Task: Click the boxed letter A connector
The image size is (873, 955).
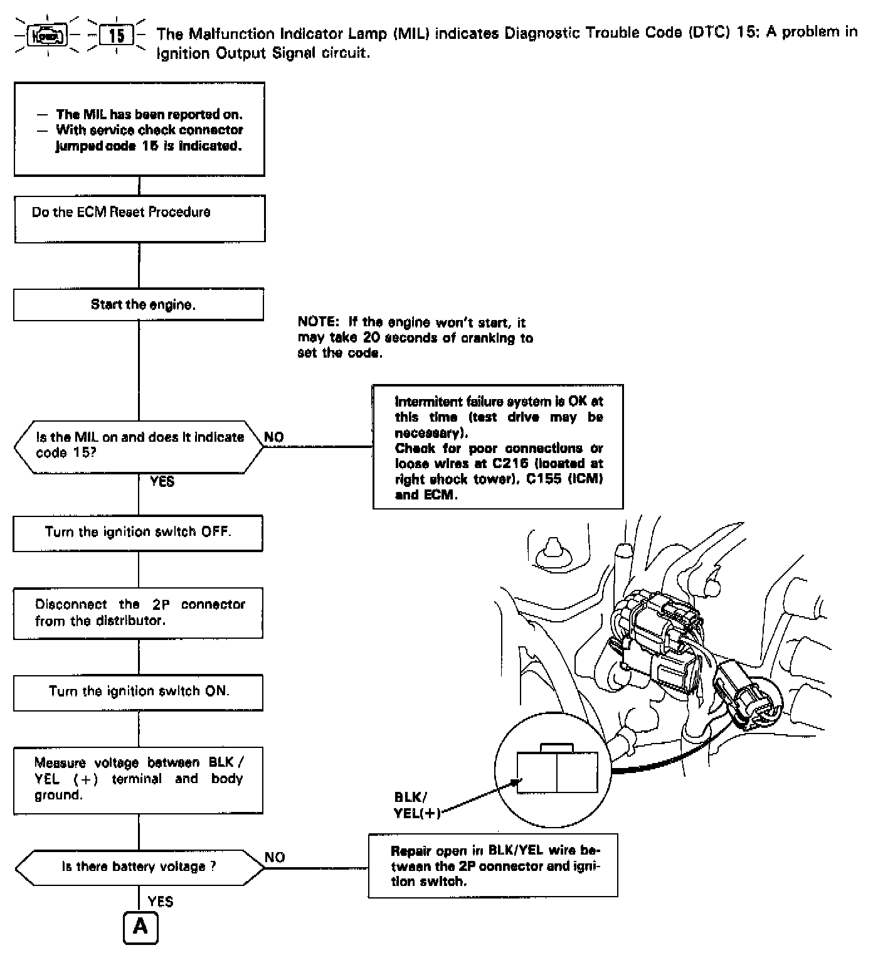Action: pyautogui.click(x=140, y=927)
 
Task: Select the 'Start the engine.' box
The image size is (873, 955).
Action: pyautogui.click(x=139, y=305)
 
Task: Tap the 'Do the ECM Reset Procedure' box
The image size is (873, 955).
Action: pyautogui.click(x=139, y=218)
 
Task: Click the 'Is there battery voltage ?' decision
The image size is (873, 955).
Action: pyautogui.click(x=139, y=867)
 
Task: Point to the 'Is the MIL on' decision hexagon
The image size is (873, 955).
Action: pyautogui.click(x=139, y=445)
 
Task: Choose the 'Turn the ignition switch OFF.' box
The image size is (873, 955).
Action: pyautogui.click(x=138, y=533)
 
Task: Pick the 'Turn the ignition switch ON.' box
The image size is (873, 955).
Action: pyautogui.click(x=138, y=692)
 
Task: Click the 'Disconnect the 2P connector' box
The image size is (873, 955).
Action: pyautogui.click(x=138, y=613)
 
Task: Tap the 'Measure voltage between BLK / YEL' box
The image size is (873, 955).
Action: pyautogui.click(x=138, y=779)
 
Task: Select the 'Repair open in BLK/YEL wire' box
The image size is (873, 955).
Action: pyautogui.click(x=493, y=866)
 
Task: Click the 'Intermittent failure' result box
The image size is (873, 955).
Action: pyautogui.click(x=498, y=447)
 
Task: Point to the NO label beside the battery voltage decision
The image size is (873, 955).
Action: pyautogui.click(x=275, y=857)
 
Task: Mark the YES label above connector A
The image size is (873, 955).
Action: pyautogui.click(x=160, y=902)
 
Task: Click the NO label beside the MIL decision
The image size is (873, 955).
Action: pyautogui.click(x=274, y=437)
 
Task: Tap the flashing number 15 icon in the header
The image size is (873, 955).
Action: pyautogui.click(x=116, y=36)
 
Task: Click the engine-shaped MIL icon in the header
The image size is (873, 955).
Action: pyautogui.click(x=48, y=36)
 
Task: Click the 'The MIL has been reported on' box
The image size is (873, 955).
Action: pyautogui.click(x=139, y=129)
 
